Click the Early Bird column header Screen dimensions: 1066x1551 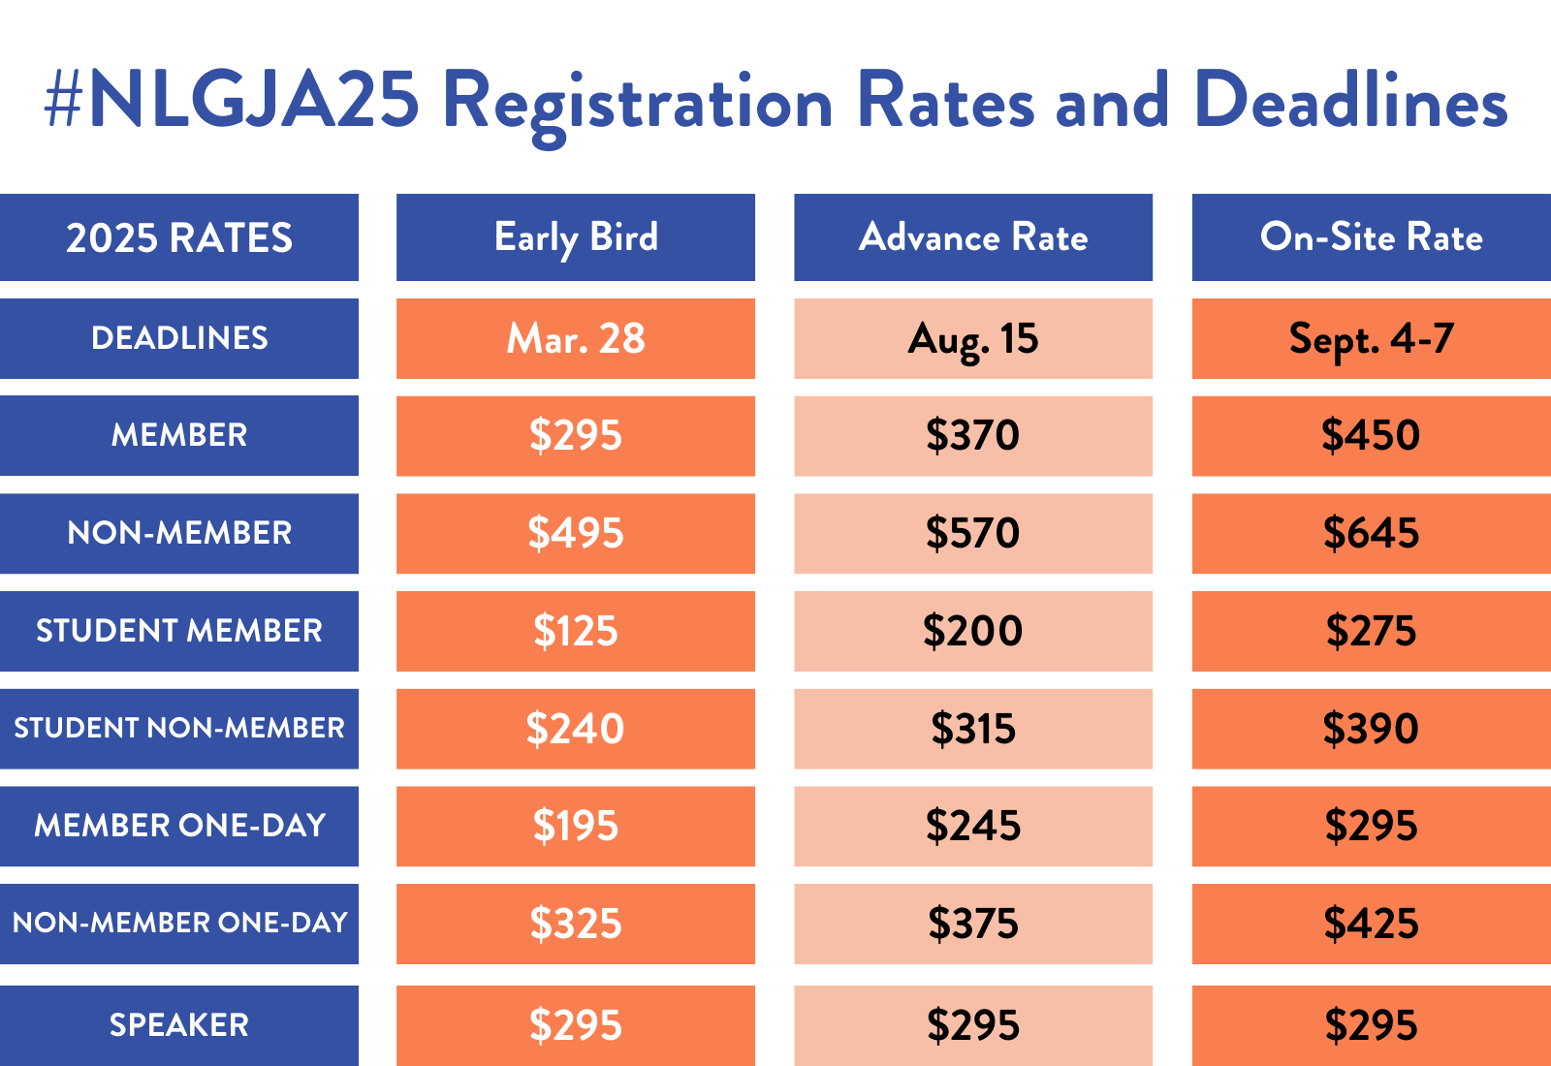(576, 237)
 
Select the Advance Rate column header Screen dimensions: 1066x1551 (973, 237)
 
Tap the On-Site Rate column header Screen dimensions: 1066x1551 (1371, 237)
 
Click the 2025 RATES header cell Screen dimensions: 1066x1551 (179, 237)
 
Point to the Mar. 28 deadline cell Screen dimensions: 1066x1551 (576, 338)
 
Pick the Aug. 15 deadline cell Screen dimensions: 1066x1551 (973, 338)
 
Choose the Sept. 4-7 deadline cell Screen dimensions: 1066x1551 (1371, 338)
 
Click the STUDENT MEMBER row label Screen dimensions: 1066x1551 (179, 631)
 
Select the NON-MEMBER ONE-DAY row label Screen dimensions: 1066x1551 (179, 923)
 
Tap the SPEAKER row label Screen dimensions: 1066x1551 (179, 1024)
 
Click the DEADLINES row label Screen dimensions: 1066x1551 (179, 338)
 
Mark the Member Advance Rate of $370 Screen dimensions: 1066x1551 (973, 435)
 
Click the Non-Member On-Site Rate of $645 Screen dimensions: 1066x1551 (1371, 533)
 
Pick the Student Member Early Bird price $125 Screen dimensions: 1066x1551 (576, 631)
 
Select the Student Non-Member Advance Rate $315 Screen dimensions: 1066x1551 (973, 729)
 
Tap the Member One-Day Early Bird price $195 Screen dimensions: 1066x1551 (576, 826)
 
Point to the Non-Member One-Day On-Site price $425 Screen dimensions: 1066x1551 (1371, 923)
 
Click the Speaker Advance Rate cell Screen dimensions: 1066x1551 (973, 1024)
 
